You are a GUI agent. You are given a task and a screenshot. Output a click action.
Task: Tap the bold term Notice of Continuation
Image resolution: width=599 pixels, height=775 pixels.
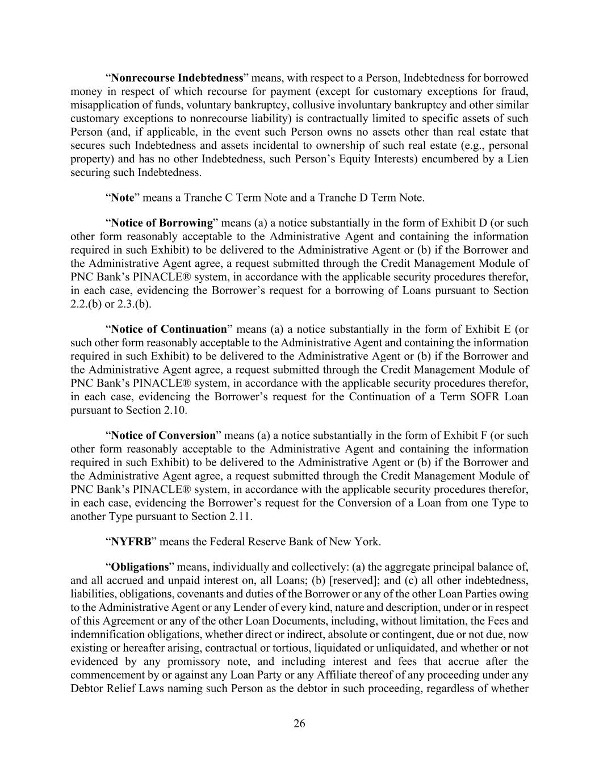tap(169, 329)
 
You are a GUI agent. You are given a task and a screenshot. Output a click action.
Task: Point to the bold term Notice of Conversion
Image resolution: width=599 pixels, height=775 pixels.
tap(164, 435)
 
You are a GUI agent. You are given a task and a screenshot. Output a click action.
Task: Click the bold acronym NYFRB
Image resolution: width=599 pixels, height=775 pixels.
tap(131, 542)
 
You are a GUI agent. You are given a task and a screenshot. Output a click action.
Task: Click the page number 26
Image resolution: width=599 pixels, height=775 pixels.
tap(299, 723)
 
